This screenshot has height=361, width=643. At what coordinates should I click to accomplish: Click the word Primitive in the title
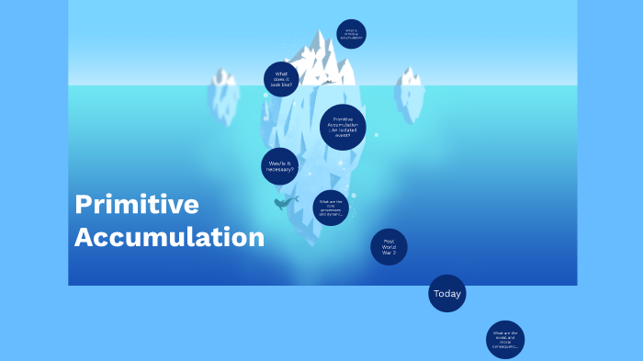136,205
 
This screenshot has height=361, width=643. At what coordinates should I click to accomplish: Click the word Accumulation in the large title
169,236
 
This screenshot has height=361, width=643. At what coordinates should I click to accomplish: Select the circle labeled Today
447,294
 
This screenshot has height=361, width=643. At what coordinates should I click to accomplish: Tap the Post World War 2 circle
389,247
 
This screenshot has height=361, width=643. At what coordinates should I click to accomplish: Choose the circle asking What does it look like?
281,80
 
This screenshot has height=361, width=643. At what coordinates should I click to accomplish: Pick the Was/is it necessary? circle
279,166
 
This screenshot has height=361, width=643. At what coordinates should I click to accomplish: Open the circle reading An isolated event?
343,127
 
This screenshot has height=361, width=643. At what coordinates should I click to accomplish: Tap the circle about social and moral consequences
505,340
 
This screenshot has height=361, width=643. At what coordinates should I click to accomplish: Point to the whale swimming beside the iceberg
286,202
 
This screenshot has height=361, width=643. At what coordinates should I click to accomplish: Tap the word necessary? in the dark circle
279,170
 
